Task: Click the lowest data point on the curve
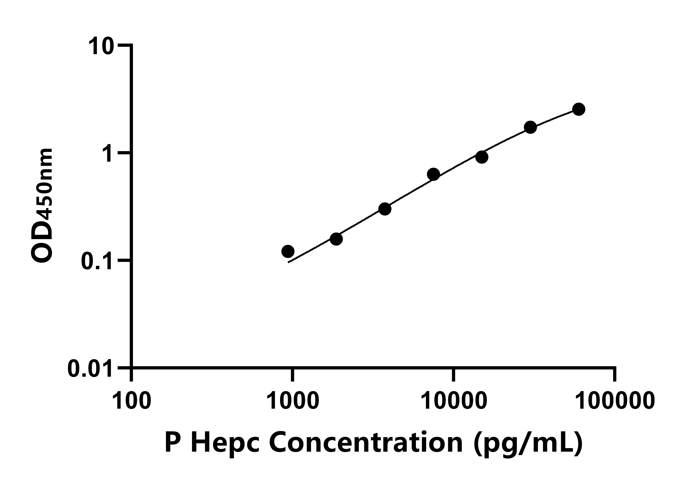pyautogui.click(x=288, y=251)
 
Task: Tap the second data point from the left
pyautogui.click(x=336, y=239)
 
